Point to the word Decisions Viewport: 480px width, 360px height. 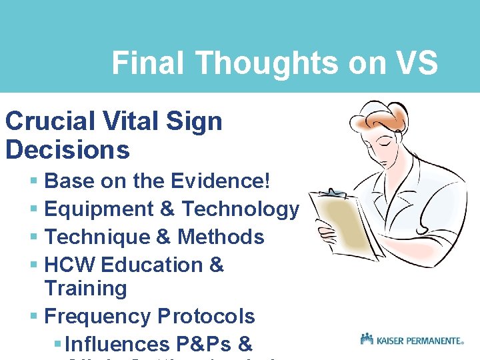(x=67, y=149)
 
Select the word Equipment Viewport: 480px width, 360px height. (x=99, y=209)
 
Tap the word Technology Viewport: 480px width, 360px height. (x=241, y=209)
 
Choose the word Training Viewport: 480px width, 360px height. (x=85, y=289)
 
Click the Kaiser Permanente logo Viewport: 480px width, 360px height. (x=411, y=339)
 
